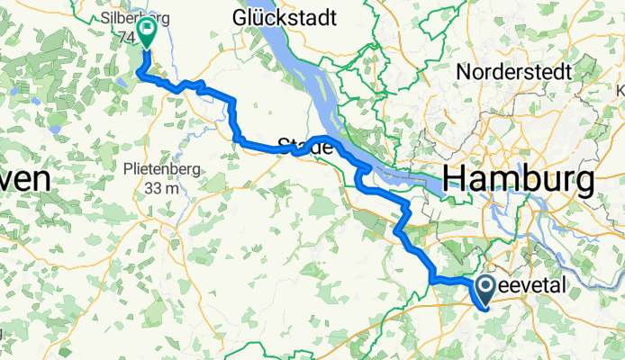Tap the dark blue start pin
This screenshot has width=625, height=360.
click(x=485, y=288)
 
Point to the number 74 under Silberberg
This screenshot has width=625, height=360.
click(x=123, y=37)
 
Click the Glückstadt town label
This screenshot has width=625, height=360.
click(x=285, y=18)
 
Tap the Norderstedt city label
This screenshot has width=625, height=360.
click(x=527, y=70)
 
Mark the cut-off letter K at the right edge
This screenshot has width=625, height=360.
click(x=620, y=90)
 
